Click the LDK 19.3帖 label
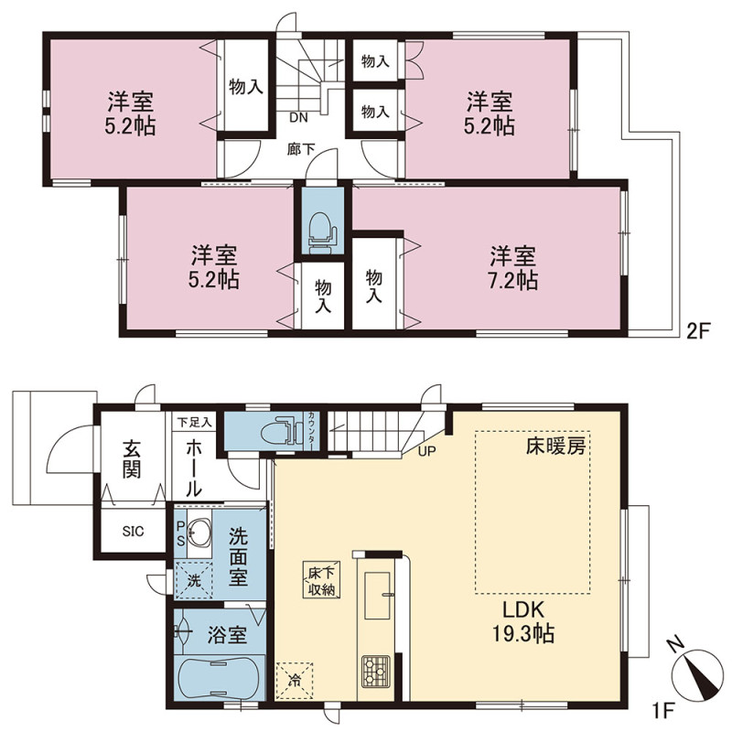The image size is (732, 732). [x=523, y=622]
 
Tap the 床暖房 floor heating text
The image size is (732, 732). [x=555, y=447]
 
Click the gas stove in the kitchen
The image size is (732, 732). [x=376, y=672]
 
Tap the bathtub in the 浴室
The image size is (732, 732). [x=219, y=677]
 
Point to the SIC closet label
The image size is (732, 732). [x=133, y=532]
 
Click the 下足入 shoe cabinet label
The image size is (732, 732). [x=194, y=423]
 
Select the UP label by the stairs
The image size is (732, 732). [x=426, y=451]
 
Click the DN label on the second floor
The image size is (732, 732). [x=299, y=118]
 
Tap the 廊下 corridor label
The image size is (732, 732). [x=301, y=149]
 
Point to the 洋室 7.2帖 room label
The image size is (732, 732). [x=512, y=267]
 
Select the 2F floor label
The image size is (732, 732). [x=697, y=332]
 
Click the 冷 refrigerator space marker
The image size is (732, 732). [x=295, y=681]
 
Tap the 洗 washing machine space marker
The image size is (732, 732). [x=194, y=581]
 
